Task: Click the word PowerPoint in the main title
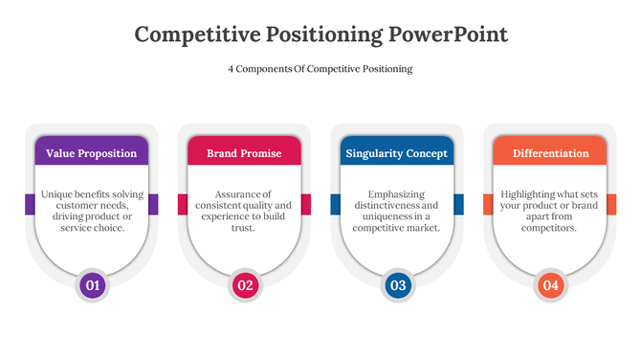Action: click(x=448, y=34)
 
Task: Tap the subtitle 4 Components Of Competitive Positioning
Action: click(x=320, y=69)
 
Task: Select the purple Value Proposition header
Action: click(x=92, y=153)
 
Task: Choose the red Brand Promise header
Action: click(x=244, y=153)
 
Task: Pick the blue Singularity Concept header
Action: click(x=396, y=153)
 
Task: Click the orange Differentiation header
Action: click(x=550, y=153)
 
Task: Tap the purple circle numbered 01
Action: click(x=92, y=284)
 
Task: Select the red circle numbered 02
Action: click(x=245, y=284)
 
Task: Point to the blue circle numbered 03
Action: click(x=397, y=284)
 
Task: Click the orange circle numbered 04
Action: click(x=550, y=284)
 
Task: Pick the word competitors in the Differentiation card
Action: click(x=549, y=229)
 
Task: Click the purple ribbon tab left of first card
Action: click(x=30, y=204)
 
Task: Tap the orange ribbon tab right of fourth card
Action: click(x=611, y=204)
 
